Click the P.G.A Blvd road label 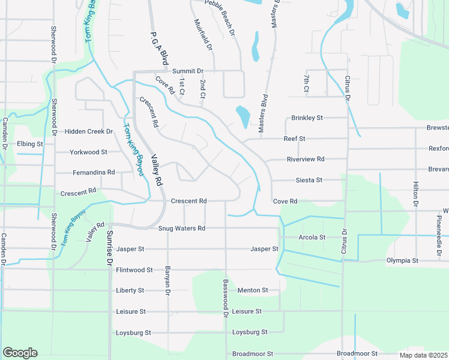(158, 49)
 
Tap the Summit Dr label (188, 71)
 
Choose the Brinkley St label (307, 118)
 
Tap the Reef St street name (295, 139)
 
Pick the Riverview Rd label (306, 159)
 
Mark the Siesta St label (309, 180)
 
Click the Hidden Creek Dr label (89, 131)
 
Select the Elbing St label (30, 144)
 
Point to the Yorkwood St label (88, 152)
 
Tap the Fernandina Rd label (94, 172)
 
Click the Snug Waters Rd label (182, 229)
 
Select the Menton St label (253, 290)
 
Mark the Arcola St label (312, 238)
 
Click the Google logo (20, 353)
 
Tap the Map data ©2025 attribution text (424, 355)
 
